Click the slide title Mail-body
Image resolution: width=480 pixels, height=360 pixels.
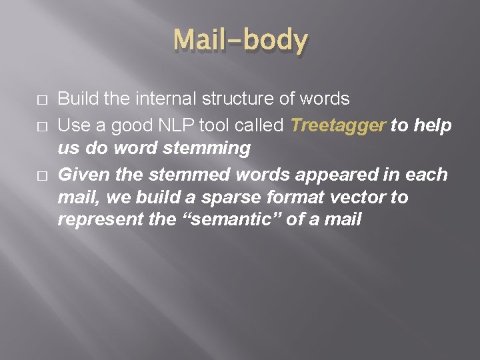coord(240,41)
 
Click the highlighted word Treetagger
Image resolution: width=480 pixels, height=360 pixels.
coord(338,125)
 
